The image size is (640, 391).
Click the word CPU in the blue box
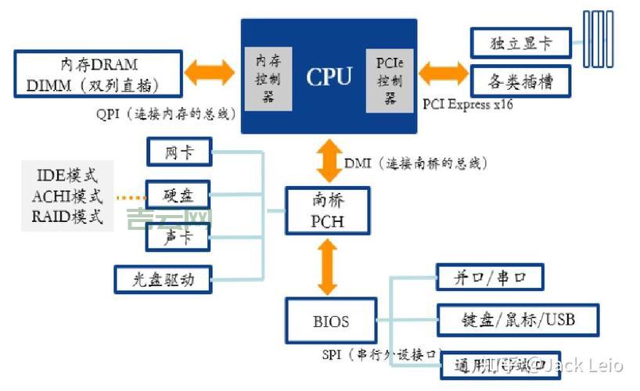coord(329,77)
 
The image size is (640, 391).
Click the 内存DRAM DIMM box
coord(99,74)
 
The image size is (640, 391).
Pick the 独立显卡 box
coord(520,43)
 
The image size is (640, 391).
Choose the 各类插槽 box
coord(520,81)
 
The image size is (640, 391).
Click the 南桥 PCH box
coord(326,211)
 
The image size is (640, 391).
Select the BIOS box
coord(331,321)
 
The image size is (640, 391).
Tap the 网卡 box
coord(179,152)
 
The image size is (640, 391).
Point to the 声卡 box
coord(179,237)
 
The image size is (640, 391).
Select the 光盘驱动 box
coord(164,277)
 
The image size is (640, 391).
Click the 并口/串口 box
coord(489,278)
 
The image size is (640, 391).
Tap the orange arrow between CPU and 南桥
coord(327,162)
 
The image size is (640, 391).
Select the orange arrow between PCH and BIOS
coord(327,266)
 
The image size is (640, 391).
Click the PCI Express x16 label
coord(468,104)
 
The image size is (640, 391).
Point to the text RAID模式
coord(67,217)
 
